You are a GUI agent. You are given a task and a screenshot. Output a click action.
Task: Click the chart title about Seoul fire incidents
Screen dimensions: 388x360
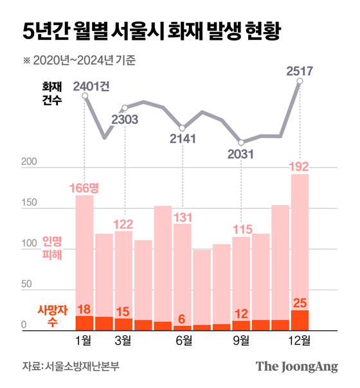pos(151,31)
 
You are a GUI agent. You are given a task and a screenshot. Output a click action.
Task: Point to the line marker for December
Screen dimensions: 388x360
pos(300,81)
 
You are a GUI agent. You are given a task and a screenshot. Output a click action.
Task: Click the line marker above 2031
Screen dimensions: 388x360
pos(241,143)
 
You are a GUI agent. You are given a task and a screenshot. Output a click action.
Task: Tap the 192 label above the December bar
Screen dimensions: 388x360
pos(300,166)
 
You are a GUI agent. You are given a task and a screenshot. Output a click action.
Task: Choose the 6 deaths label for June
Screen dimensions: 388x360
pos(183,319)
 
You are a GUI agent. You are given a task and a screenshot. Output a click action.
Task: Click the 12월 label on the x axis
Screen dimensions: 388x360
pos(300,339)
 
